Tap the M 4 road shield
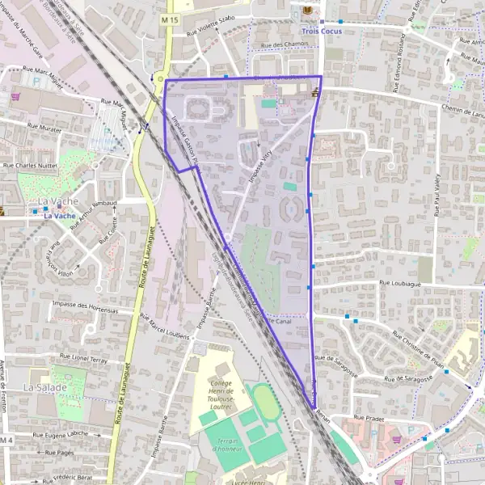(7, 439)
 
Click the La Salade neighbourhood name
(40, 387)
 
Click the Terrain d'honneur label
(219, 443)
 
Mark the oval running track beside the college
(264, 402)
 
